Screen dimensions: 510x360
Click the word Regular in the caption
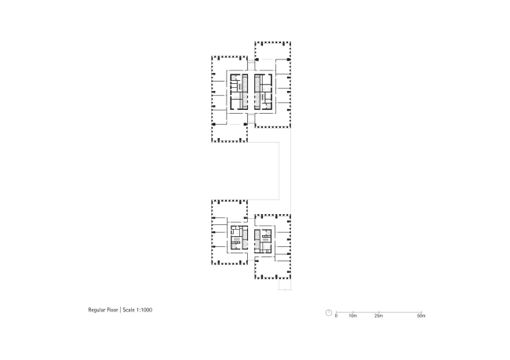coord(97,310)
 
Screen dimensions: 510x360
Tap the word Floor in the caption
coord(112,310)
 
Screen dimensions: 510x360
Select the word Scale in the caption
coord(129,310)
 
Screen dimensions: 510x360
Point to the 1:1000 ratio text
coord(144,310)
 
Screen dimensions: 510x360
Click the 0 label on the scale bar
coord(337,316)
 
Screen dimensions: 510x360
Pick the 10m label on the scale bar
coord(353,316)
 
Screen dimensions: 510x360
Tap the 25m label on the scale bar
coord(379,316)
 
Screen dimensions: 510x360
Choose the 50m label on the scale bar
coord(421,316)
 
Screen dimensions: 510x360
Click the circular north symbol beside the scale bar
coord(329,313)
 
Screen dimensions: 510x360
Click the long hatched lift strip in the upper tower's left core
coord(246,92)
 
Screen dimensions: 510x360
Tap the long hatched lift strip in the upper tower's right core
coord(257,92)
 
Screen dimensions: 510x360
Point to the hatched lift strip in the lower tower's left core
coord(245,240)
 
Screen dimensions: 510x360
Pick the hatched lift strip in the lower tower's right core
coord(257,241)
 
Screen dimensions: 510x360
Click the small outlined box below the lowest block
coord(285,285)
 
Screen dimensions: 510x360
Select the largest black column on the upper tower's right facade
coord(289,60)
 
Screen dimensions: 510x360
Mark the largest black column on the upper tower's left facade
coord(213,124)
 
